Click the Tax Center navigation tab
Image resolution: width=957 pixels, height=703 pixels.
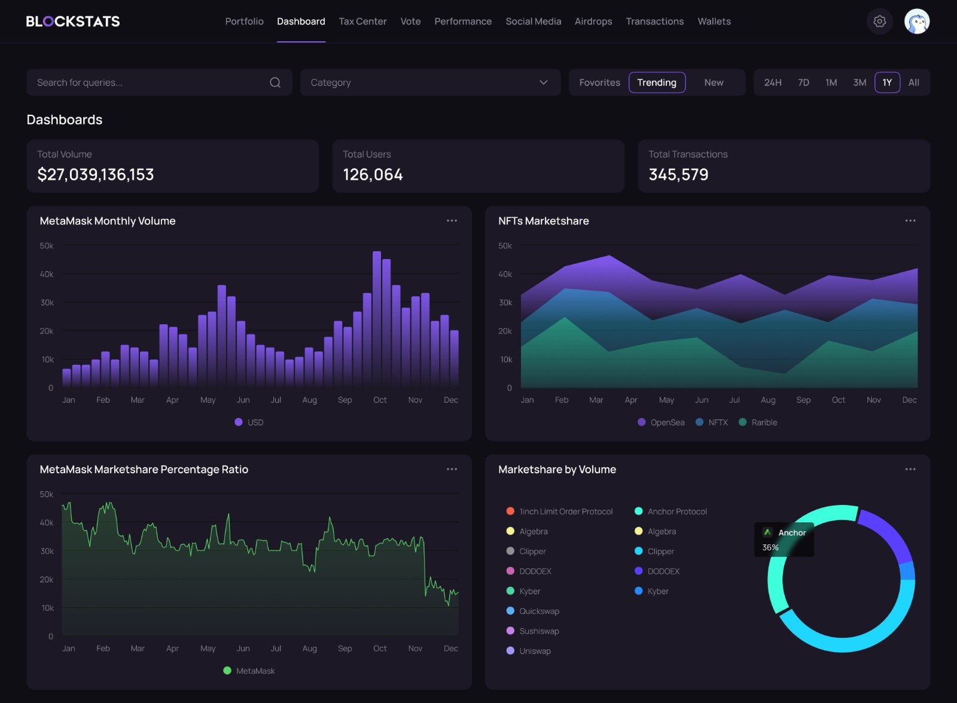[x=362, y=22]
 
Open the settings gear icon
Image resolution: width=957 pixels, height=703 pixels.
[x=879, y=22]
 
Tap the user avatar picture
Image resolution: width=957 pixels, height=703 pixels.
[x=916, y=22]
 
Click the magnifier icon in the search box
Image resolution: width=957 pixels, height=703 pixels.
[x=275, y=83]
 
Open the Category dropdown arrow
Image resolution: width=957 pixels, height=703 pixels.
[x=543, y=83]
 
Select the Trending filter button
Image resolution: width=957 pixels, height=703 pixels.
[x=657, y=83]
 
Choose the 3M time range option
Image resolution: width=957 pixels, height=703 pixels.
[x=860, y=83]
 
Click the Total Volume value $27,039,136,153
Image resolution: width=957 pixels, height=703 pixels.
[x=96, y=175]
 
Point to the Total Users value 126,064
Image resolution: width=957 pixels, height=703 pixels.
[x=373, y=175]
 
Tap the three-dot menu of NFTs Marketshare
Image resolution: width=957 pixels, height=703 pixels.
[x=910, y=221]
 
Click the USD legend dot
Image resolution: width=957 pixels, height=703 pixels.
[x=239, y=422]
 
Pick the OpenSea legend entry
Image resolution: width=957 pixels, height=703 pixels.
[x=661, y=422]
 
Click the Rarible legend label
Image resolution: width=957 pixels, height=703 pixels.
[x=764, y=422]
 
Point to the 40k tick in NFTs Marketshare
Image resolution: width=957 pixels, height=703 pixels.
[x=505, y=274]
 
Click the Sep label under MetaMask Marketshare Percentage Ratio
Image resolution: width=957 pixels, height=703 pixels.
[x=345, y=649]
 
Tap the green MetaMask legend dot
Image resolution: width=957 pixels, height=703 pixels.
[x=227, y=671]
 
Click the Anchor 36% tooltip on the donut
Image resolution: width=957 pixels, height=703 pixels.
[x=784, y=540]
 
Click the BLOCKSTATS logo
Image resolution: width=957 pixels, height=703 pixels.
[x=73, y=22]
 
